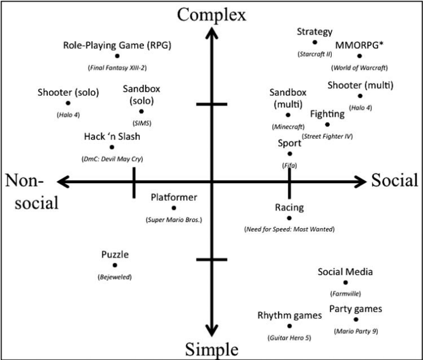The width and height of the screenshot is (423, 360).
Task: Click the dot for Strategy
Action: click(x=315, y=42)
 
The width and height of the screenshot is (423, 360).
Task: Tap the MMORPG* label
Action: click(x=359, y=45)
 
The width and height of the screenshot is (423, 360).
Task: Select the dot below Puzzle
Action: click(x=115, y=265)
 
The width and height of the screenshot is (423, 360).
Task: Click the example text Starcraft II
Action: click(x=315, y=54)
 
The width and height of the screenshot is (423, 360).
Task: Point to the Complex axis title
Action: click(x=211, y=15)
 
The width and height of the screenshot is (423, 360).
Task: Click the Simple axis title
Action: click(x=212, y=349)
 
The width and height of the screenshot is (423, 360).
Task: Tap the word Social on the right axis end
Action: click(x=394, y=180)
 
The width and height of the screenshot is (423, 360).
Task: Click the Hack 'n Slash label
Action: click(x=112, y=136)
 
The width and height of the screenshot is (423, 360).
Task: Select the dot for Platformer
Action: click(x=174, y=208)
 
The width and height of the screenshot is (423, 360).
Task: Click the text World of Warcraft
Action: click(x=360, y=68)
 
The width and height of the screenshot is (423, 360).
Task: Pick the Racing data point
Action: click(x=289, y=218)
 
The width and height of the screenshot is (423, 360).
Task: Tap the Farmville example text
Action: click(x=345, y=294)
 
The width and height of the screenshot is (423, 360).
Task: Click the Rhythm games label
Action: click(x=290, y=315)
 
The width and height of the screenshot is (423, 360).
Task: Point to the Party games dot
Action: click(x=356, y=319)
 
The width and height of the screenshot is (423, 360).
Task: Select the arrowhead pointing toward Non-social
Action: click(x=64, y=182)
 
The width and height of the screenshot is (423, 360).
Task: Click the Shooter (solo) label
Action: click(x=69, y=92)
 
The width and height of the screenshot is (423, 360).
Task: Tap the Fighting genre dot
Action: click(x=327, y=124)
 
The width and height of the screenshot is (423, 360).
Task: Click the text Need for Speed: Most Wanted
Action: click(x=289, y=229)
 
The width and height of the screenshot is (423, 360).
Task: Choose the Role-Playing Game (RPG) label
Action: click(x=117, y=45)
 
